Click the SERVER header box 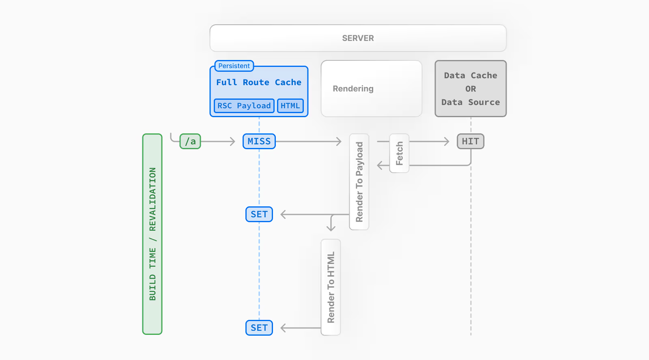tap(358, 38)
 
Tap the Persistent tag tap(234, 66)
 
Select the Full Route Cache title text tap(258, 82)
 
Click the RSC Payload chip tap(244, 106)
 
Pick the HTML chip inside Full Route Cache tap(290, 106)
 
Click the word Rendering tap(353, 89)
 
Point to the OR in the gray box tap(471, 89)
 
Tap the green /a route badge tap(190, 141)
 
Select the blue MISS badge tap(259, 141)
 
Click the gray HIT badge tap(470, 141)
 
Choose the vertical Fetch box tap(399, 153)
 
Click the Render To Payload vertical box tap(359, 182)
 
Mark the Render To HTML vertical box tap(331, 287)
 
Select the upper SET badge tap(259, 214)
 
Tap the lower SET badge tap(259, 328)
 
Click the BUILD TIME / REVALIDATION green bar tap(152, 234)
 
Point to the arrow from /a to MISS tap(218, 141)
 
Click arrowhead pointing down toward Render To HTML tap(331, 228)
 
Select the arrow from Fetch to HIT tap(429, 141)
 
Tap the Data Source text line tap(471, 102)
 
